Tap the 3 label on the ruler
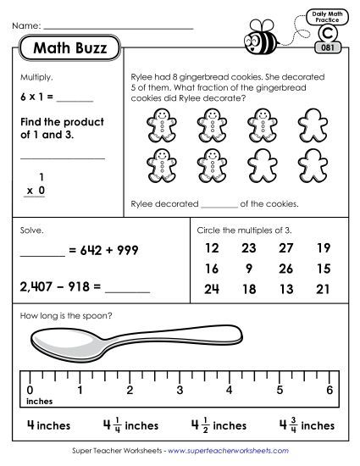click(180, 391)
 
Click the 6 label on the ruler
click(329, 391)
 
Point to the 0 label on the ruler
click(30, 391)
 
